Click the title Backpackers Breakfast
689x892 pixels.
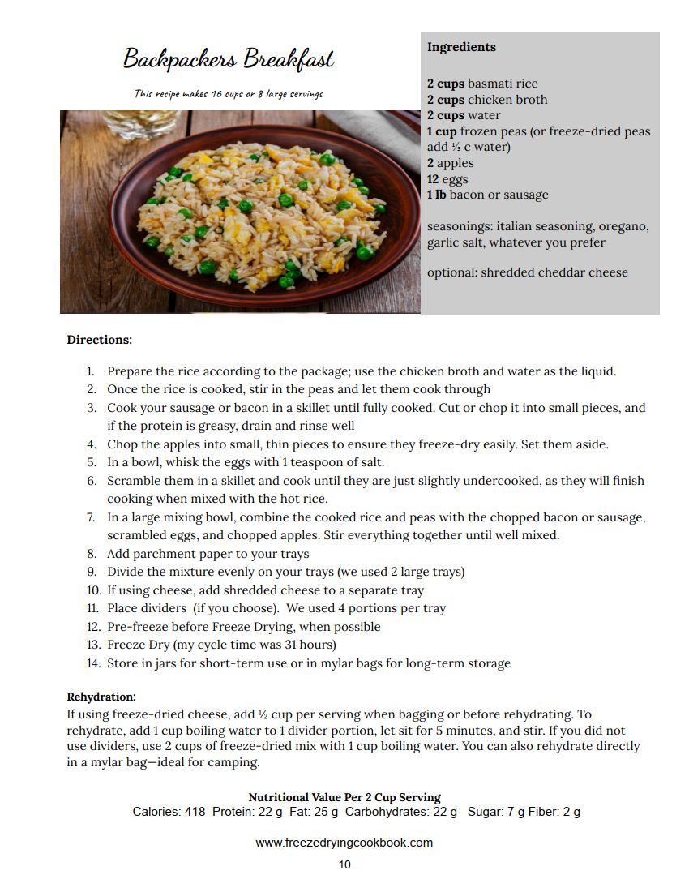[229, 59]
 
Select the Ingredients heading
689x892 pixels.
[461, 47]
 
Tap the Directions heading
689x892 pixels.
[99, 340]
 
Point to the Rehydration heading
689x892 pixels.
[101, 697]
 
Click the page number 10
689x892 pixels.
[344, 864]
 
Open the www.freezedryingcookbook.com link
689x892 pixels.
[344, 843]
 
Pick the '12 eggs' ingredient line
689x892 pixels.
[447, 179]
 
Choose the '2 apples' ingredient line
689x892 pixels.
[451, 163]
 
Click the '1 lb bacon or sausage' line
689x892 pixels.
[488, 195]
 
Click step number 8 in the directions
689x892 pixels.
[92, 554]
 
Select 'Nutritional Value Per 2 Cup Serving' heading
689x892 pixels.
[344, 797]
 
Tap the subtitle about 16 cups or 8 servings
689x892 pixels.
[229, 94]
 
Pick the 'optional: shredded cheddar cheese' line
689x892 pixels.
[528, 272]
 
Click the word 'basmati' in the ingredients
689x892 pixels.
[490, 84]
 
